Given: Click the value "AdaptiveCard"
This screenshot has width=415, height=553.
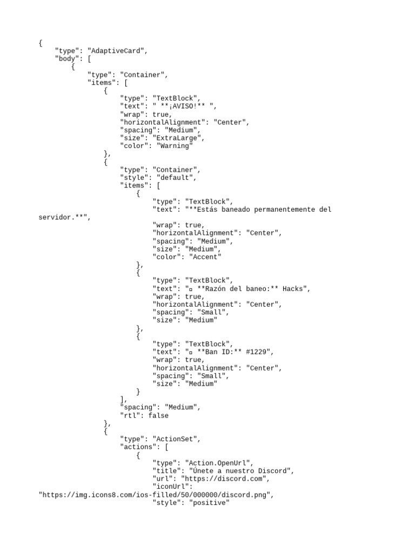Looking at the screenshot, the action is (x=117, y=51).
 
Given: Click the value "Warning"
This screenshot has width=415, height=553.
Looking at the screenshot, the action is (x=174, y=146).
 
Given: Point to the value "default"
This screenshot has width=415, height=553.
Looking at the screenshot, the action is (x=176, y=177).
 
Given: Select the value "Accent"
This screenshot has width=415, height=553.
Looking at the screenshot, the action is (x=203, y=257).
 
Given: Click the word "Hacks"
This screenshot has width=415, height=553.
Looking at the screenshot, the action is (x=296, y=288).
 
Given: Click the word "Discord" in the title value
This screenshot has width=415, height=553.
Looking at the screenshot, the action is (x=274, y=471).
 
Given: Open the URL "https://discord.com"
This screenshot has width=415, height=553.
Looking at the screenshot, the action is (x=225, y=479).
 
